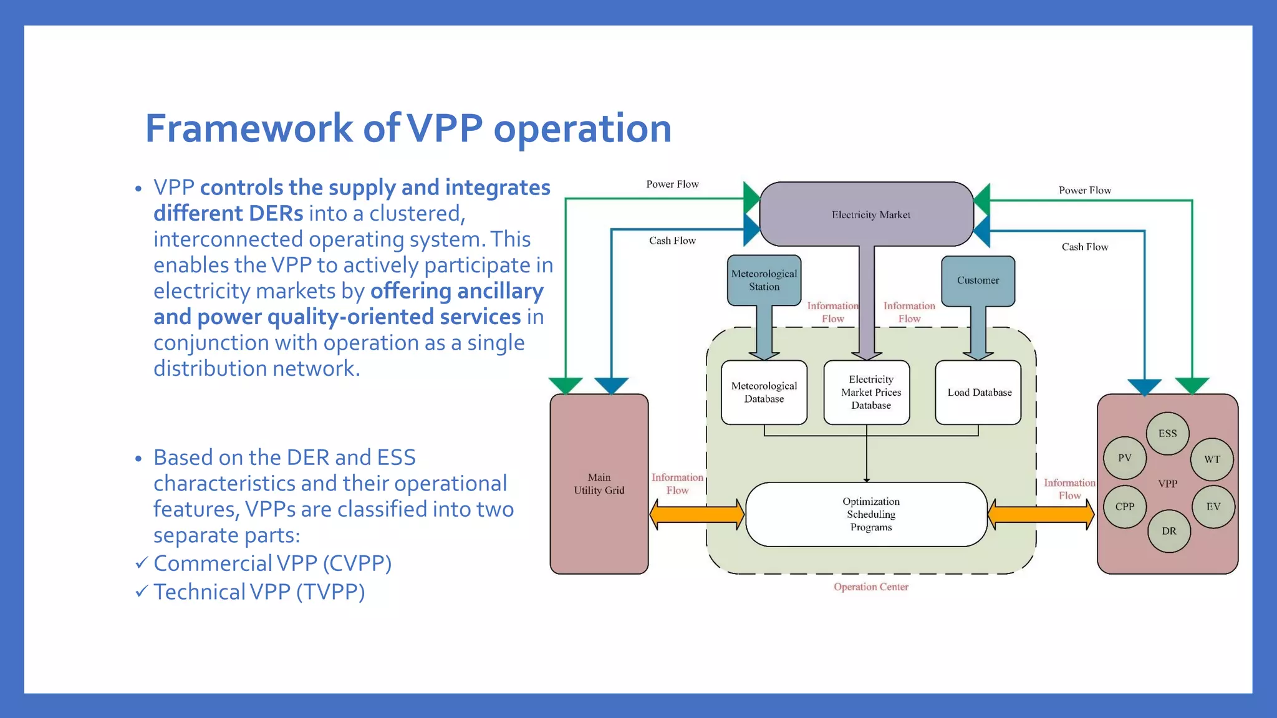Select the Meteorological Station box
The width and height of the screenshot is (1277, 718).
tap(764, 280)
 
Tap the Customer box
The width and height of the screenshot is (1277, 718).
tap(978, 280)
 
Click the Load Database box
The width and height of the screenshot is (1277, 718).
tap(978, 393)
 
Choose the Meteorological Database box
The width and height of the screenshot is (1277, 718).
tap(764, 393)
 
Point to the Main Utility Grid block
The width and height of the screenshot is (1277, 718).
tap(599, 484)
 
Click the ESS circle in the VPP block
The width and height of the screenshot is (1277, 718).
tap(1167, 433)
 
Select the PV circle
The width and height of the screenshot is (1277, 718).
tap(1124, 458)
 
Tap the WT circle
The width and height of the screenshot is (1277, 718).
tap(1212, 459)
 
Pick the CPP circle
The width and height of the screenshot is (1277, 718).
tap(1124, 507)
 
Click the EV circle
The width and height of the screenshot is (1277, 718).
tap(1213, 507)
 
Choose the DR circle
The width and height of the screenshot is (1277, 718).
tap(1169, 531)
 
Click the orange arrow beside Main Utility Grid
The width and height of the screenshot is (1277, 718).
tap(696, 515)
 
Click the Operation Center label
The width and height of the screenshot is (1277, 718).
tap(870, 587)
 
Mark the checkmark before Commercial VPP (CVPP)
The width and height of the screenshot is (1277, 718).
tap(142, 563)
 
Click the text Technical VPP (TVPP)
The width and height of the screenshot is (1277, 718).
tap(259, 592)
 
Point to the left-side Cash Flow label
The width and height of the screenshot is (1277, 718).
tap(672, 241)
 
